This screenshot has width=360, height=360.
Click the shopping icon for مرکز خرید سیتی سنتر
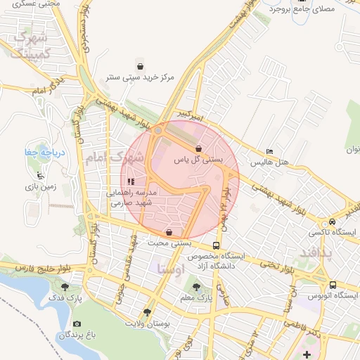tap(140, 67)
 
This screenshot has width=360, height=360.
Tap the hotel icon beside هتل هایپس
tap(270, 152)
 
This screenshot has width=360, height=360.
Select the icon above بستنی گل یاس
tap(200, 148)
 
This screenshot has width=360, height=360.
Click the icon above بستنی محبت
tap(169, 232)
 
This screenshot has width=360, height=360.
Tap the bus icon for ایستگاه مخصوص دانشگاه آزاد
tap(216, 245)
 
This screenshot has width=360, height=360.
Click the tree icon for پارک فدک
tap(65, 287)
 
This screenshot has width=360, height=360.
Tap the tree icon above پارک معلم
tap(195, 287)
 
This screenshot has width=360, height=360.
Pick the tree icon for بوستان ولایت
tap(147, 312)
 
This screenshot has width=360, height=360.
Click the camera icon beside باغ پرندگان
tap(77, 323)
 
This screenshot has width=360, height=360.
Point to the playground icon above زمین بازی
tap(39, 176)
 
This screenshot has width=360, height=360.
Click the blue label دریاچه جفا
tap(34, 153)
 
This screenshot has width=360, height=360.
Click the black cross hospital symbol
tap(306, 351)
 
